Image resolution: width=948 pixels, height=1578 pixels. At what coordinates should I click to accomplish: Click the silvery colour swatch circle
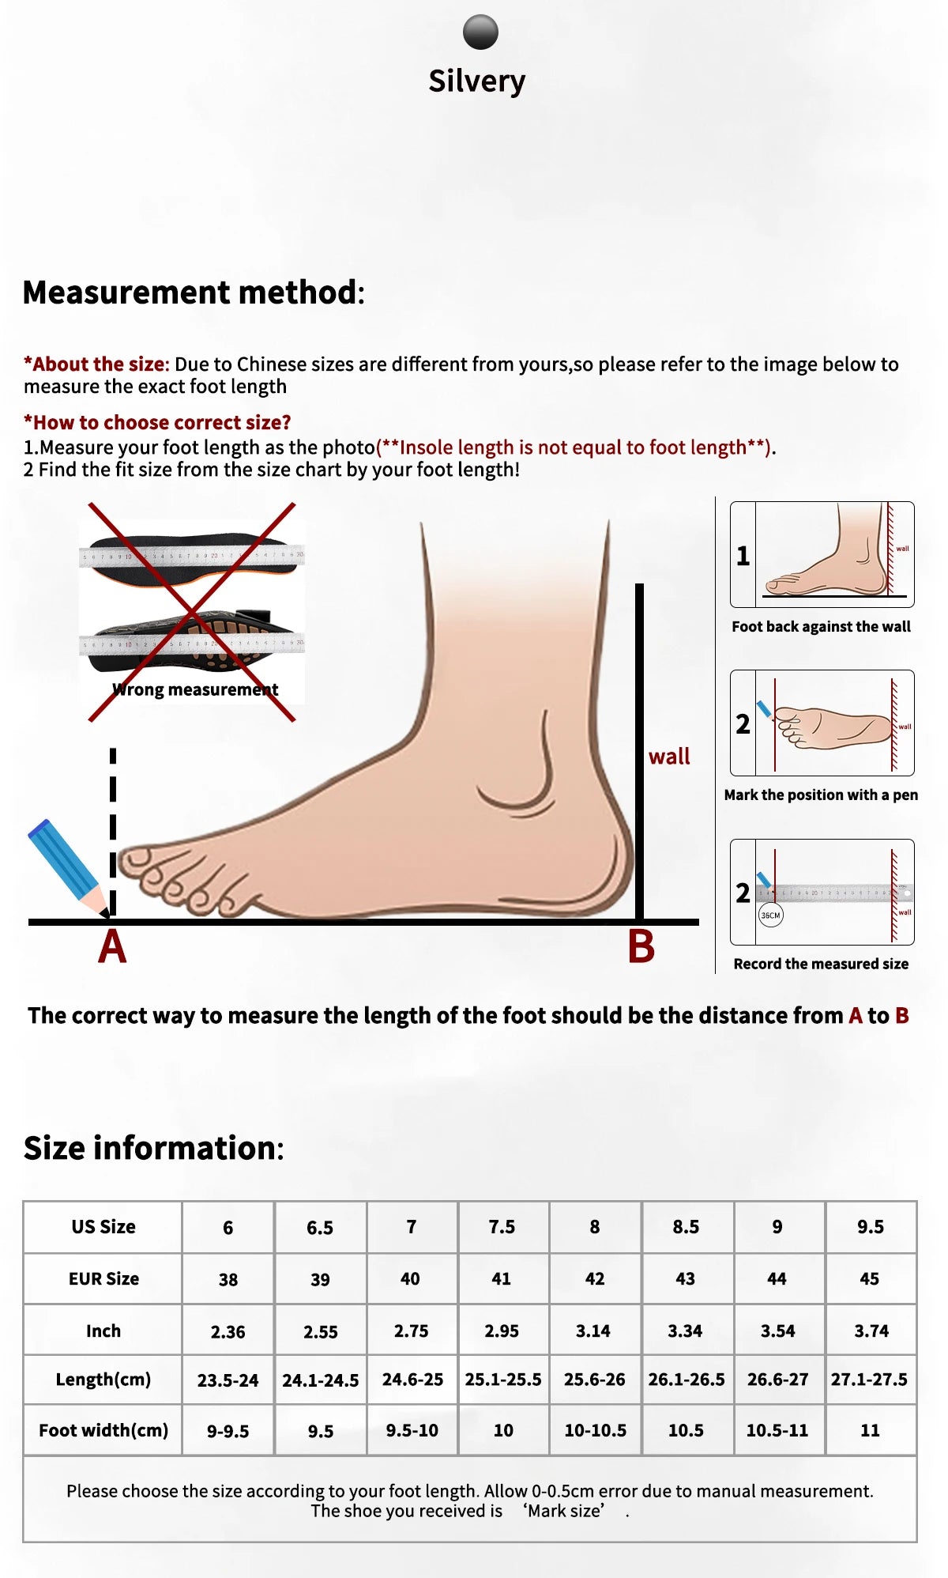click(x=480, y=32)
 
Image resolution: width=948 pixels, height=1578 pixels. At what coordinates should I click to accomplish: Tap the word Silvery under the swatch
click(x=476, y=81)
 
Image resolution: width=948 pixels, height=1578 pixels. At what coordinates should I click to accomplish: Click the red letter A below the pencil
click(x=112, y=946)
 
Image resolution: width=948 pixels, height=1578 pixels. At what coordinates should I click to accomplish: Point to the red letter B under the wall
click(x=641, y=946)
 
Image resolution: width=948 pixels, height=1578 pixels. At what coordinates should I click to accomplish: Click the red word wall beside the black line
click(x=669, y=757)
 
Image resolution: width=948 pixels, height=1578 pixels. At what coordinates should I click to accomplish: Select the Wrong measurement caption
click(x=195, y=689)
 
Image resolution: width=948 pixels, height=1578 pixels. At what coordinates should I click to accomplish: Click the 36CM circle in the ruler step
click(x=770, y=915)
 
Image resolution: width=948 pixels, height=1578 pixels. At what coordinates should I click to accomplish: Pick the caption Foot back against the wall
click(x=821, y=627)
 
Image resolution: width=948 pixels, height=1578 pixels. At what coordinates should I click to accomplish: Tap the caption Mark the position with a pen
click(x=821, y=795)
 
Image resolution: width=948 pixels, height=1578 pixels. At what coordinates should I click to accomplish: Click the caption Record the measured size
click(x=821, y=964)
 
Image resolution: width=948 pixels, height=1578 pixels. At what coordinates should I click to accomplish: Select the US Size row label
click(x=103, y=1226)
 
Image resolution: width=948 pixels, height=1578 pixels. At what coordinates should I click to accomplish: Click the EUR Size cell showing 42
click(x=595, y=1278)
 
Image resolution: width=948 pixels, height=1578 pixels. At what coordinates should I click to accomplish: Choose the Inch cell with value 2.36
click(x=228, y=1331)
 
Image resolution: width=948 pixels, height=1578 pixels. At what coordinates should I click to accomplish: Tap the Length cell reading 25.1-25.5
click(x=503, y=1380)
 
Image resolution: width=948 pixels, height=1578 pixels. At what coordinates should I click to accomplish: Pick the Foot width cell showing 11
click(x=870, y=1430)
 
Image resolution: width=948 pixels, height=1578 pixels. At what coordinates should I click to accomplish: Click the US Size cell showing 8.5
click(x=686, y=1226)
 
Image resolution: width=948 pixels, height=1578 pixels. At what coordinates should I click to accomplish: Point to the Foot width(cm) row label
click(x=103, y=1430)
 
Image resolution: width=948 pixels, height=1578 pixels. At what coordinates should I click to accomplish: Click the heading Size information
click(x=153, y=1148)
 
